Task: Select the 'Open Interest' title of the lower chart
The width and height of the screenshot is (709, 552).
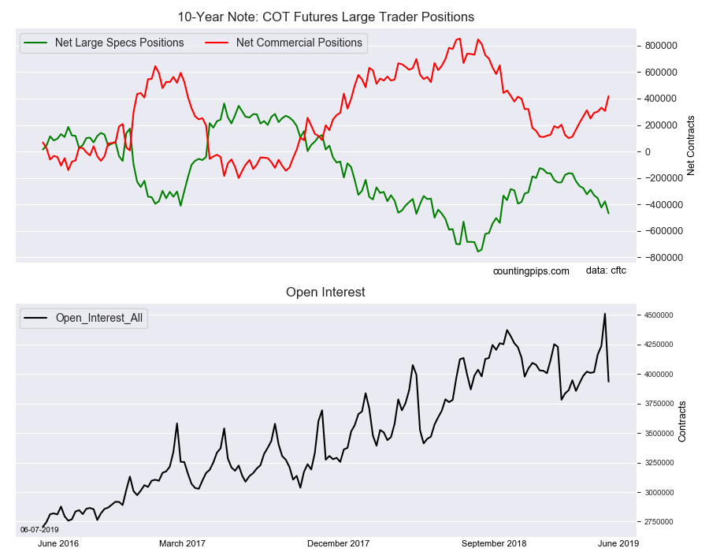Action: [325, 293]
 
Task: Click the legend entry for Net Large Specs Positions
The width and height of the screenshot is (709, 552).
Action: [103, 43]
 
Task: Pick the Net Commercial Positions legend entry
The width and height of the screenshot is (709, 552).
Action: [284, 43]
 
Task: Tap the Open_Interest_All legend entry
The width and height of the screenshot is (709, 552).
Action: [84, 318]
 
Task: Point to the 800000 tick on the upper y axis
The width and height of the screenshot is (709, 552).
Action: [661, 46]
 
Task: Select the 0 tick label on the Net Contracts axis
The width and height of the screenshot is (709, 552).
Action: [648, 152]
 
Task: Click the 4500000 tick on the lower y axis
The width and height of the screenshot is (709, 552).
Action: [659, 315]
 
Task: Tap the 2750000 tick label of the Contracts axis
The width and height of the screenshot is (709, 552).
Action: [659, 522]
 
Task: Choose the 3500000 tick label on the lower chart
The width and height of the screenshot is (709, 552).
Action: [659, 434]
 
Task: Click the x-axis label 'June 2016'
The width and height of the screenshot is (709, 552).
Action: [58, 543]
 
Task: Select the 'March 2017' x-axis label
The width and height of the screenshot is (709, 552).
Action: [182, 543]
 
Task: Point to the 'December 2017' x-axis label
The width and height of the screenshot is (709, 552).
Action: [338, 543]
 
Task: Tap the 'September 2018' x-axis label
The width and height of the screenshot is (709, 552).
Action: [494, 543]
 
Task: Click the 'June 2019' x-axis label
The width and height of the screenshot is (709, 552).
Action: [618, 543]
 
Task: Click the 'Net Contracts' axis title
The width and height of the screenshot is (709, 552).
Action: [690, 145]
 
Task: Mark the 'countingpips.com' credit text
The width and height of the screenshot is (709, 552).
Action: [531, 271]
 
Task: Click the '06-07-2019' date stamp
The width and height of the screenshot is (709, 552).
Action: [39, 529]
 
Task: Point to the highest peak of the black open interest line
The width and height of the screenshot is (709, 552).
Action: [605, 314]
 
